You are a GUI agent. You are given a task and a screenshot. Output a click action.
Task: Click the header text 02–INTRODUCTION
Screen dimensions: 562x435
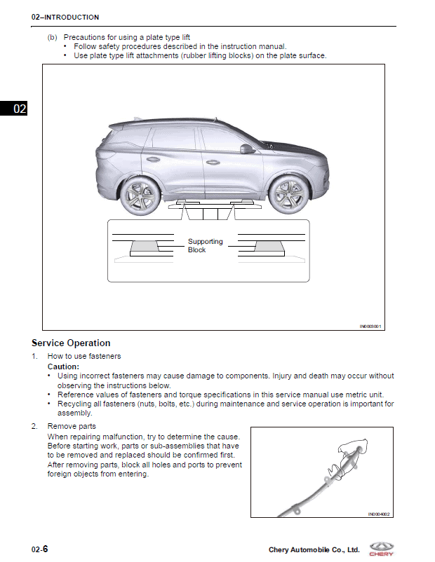[65, 17]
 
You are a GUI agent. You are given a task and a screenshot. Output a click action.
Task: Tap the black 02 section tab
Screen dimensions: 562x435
[13, 108]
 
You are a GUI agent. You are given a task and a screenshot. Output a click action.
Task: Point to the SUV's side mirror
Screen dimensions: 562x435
[247, 149]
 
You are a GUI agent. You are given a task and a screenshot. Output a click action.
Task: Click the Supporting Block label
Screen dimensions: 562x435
[205, 245]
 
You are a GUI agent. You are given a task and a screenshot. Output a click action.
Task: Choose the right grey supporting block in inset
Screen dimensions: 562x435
[269, 247]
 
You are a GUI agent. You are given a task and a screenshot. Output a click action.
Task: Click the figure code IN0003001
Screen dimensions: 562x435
[370, 326]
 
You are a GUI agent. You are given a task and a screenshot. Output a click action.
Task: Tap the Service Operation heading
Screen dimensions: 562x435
[71, 343]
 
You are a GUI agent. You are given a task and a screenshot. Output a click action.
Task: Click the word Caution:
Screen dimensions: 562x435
[63, 366]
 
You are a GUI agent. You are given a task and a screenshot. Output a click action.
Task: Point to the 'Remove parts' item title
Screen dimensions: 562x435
[72, 426]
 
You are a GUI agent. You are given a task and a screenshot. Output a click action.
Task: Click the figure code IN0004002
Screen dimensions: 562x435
[378, 514]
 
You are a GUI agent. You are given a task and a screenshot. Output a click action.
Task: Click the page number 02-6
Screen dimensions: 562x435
[39, 549]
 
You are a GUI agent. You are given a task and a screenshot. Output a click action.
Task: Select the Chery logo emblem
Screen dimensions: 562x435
[383, 546]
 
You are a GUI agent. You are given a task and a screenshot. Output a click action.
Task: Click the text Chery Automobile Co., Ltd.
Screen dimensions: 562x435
[314, 550]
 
